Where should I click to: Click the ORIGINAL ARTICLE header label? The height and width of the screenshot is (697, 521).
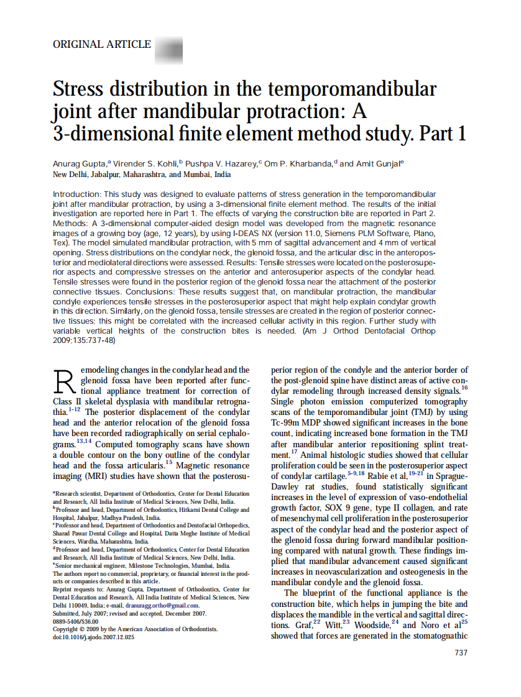102,44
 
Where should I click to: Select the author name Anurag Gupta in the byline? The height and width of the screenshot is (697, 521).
79,163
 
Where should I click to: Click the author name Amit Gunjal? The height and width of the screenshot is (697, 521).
379,163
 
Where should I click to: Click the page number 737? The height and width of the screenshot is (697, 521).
461,652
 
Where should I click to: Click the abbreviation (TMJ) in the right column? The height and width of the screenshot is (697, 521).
416,412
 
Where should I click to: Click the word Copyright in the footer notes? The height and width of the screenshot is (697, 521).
68,629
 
